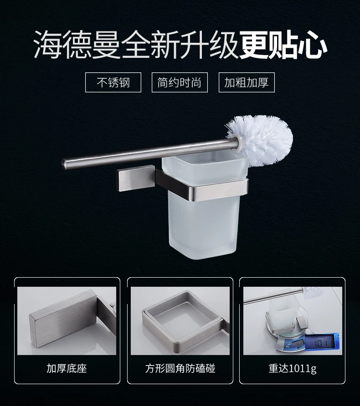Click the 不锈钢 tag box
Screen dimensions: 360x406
click(x=113, y=82)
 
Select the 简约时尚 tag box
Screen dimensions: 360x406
click(x=180, y=82)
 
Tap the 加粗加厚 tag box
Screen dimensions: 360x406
click(x=247, y=82)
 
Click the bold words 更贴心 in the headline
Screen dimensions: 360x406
click(x=283, y=45)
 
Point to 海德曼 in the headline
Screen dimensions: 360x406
click(x=77, y=45)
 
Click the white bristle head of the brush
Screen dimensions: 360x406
click(x=261, y=140)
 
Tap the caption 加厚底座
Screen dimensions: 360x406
click(x=67, y=368)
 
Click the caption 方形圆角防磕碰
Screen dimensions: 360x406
click(x=180, y=368)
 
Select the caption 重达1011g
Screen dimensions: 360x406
click(x=293, y=369)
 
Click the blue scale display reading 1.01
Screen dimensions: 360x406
click(x=322, y=342)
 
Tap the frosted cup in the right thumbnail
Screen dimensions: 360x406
click(x=281, y=313)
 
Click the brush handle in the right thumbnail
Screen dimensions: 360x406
click(x=274, y=296)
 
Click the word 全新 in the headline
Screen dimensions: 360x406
click(x=150, y=45)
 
